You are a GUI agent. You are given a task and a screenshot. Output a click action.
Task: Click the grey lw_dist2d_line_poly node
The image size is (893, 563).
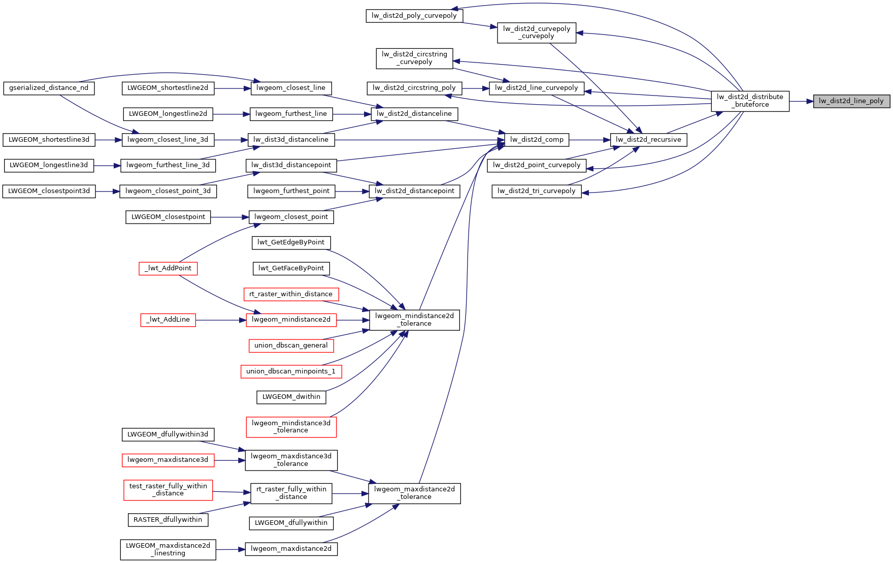[851, 101]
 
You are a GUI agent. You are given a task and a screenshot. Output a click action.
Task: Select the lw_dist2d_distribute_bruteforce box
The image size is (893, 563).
[750, 101]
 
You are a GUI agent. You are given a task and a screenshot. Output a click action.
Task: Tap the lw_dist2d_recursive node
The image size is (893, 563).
[648, 140]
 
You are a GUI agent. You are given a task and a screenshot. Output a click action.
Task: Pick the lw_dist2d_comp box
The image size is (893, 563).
[537, 140]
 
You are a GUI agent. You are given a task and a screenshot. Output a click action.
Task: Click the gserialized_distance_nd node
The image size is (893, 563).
[49, 88]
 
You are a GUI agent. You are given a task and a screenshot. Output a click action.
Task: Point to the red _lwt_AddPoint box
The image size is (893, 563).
[168, 268]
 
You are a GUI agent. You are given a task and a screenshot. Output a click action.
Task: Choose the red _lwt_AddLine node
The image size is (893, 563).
[168, 320]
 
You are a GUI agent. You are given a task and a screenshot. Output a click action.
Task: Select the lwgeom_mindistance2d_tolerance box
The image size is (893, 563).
[414, 320]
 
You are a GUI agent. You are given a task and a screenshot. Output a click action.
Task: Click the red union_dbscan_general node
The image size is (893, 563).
[291, 346]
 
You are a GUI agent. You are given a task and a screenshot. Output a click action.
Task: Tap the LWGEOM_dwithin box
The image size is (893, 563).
[291, 397]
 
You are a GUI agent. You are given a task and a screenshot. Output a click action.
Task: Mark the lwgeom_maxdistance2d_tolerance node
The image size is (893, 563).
[414, 493]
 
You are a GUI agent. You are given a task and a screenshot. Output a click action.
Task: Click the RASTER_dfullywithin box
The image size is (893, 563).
[168, 520]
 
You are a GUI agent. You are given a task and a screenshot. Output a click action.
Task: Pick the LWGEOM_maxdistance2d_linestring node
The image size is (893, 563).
[168, 549]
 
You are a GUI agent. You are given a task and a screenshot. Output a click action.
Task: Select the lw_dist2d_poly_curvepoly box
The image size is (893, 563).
[414, 16]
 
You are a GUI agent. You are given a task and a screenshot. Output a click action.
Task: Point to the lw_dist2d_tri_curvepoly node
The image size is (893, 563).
[536, 191]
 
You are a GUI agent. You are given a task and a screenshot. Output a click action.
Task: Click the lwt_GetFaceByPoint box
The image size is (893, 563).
[291, 268]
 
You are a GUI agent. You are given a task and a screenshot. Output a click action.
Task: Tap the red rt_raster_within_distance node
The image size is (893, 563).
[291, 294]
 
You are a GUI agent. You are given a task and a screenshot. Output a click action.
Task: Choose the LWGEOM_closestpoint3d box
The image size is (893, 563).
[49, 191]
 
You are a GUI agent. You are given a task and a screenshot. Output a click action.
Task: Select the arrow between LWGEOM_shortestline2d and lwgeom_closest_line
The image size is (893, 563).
[232, 88]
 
